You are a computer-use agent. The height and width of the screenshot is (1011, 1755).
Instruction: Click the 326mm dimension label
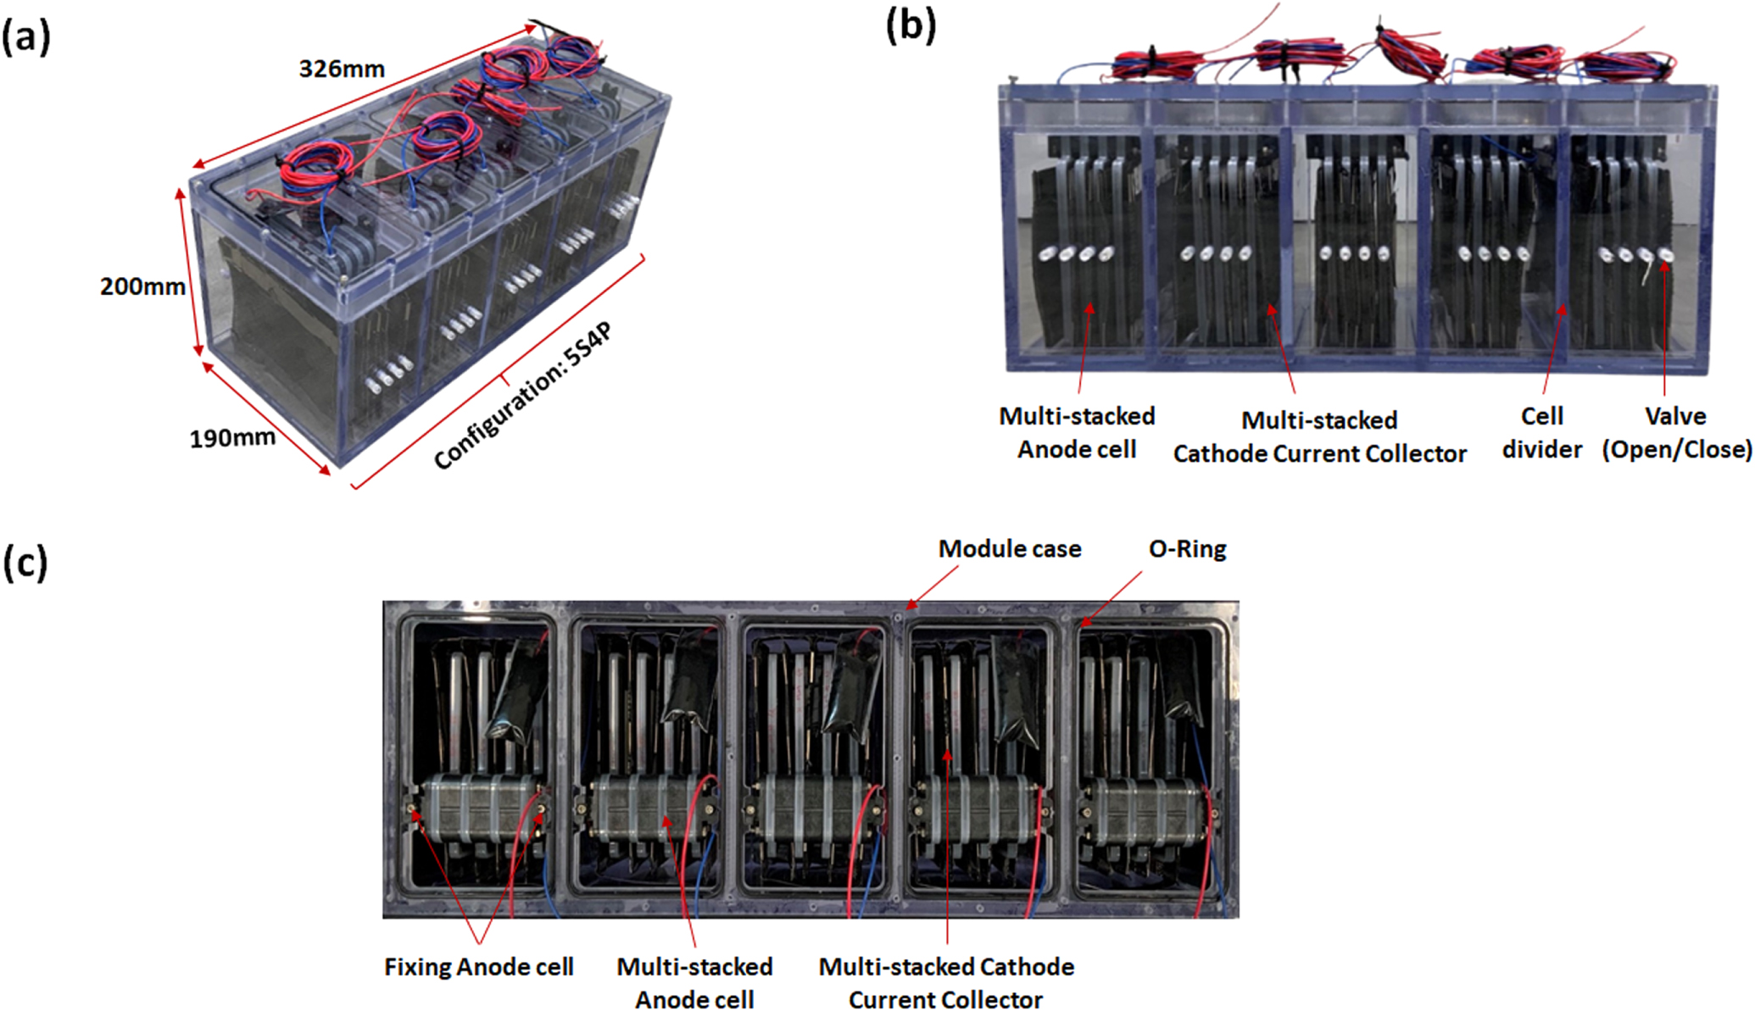click(342, 69)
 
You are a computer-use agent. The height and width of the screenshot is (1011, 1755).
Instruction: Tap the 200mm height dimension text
click(142, 286)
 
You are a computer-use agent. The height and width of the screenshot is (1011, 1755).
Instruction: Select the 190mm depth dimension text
click(231, 438)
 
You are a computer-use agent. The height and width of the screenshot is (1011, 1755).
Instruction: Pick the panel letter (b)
click(911, 25)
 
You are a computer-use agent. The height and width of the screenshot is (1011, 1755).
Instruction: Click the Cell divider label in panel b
click(1541, 432)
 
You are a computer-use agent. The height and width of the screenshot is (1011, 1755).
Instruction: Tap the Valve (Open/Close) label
click(1676, 432)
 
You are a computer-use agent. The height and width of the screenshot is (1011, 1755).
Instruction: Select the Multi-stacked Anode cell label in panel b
click(1077, 432)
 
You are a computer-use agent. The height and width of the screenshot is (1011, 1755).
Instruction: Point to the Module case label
click(1009, 549)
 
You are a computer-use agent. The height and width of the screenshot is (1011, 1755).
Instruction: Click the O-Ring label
click(1187, 549)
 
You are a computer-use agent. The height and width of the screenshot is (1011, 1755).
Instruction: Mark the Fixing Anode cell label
click(478, 967)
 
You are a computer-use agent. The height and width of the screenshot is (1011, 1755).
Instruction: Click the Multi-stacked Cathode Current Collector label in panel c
click(946, 983)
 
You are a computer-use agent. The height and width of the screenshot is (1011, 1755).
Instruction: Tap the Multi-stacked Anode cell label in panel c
click(694, 983)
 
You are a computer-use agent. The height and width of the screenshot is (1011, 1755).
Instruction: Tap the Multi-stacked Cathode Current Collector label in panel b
click(1319, 436)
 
